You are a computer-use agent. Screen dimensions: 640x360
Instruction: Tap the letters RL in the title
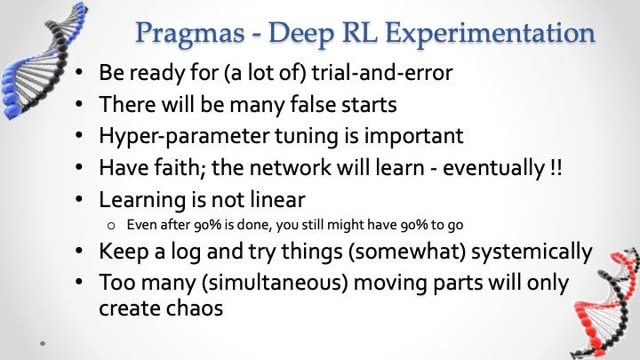tap(358, 33)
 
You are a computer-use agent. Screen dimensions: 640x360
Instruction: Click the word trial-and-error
tap(382, 73)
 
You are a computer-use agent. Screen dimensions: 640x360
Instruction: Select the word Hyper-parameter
tap(184, 137)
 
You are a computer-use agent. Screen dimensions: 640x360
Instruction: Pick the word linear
tap(277, 200)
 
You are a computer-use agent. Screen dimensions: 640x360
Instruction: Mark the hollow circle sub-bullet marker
tap(111, 226)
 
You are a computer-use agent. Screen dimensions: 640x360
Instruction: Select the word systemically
tap(532, 252)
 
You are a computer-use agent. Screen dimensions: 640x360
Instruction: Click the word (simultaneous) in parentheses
tap(275, 284)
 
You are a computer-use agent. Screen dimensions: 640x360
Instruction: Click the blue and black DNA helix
tap(41, 61)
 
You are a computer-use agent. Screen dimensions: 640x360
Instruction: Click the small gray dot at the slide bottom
tap(43, 344)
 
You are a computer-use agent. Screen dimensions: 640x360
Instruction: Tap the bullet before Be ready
tap(79, 73)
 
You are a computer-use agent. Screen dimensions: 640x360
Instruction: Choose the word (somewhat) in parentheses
tap(407, 252)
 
